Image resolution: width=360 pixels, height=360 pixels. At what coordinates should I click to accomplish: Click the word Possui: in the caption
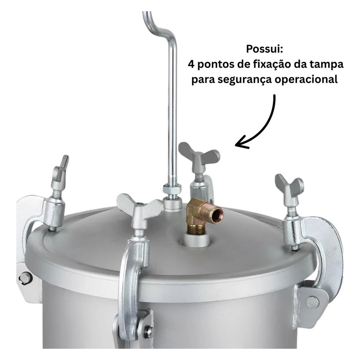click(264, 49)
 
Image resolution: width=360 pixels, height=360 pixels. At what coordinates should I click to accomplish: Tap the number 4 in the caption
click(191, 65)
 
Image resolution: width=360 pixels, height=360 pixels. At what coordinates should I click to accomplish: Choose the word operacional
click(307, 80)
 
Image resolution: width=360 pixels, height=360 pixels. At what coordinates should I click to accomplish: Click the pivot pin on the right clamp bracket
click(313, 302)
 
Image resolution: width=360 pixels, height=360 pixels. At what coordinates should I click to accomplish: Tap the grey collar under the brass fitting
click(197, 239)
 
